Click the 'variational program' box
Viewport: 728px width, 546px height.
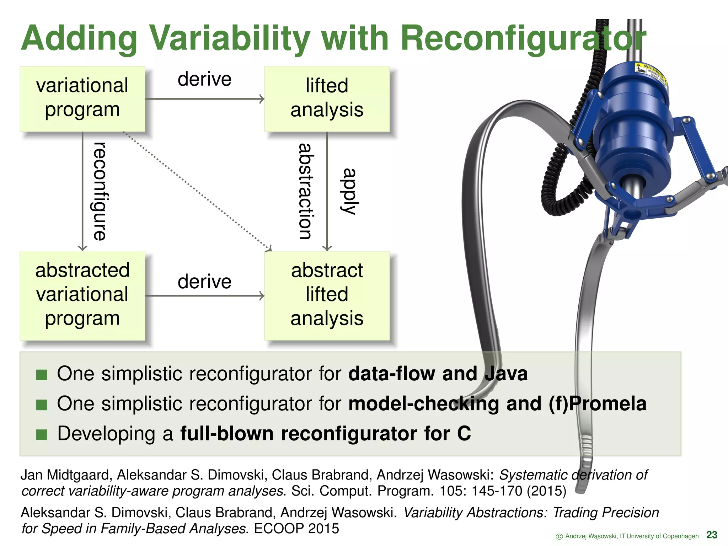click(x=82, y=98)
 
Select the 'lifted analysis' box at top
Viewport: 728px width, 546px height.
click(x=327, y=98)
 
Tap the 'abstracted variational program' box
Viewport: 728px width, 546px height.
click(x=82, y=295)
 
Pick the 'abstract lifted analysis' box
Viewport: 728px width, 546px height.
click(x=327, y=295)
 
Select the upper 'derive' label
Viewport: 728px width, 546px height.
click(x=204, y=79)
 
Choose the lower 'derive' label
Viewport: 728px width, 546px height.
click(x=204, y=282)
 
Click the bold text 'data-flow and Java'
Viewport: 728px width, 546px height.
click(x=438, y=374)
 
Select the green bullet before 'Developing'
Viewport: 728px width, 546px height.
click(x=42, y=434)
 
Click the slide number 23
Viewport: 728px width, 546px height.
click(x=712, y=535)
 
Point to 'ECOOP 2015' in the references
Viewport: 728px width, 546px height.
click(x=296, y=529)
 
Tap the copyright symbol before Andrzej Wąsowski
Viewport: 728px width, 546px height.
click(x=559, y=536)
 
